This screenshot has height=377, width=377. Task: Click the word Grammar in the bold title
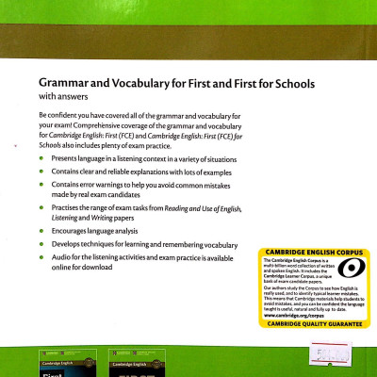point(61,84)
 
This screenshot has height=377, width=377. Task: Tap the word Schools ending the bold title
point(292,84)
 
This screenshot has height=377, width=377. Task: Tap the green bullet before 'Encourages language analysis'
point(41,227)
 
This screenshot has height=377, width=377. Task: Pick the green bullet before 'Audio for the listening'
point(41,256)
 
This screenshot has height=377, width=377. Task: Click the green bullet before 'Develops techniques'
point(41,242)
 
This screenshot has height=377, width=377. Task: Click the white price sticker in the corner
point(357,357)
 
